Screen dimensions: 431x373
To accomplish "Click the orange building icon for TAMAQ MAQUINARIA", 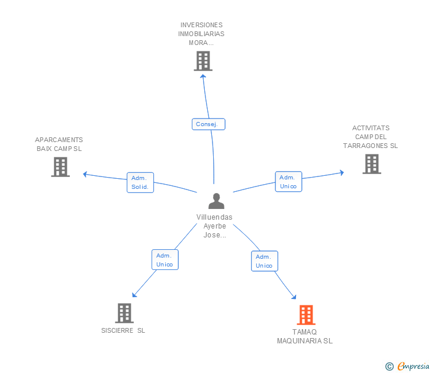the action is click(x=306, y=315).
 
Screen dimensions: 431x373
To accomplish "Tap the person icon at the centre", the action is click(x=216, y=201).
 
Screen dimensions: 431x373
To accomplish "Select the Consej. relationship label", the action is click(x=208, y=124).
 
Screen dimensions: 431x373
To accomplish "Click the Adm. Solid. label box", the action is click(x=140, y=182).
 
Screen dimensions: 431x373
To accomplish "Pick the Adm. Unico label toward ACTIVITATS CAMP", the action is click(x=289, y=181).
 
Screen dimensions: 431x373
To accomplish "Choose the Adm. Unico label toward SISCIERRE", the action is click(x=165, y=259).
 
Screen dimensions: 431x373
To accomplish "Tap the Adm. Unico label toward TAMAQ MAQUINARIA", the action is click(x=265, y=261).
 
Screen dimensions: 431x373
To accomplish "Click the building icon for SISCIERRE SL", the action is click(x=124, y=313).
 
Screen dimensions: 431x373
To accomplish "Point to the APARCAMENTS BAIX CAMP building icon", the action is click(x=60, y=167).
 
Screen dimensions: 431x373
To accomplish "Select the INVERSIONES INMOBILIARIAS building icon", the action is click(x=203, y=61).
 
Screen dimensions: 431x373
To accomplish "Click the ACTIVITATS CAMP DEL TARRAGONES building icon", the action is click(x=372, y=164).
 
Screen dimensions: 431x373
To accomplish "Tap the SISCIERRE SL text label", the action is click(x=123, y=330).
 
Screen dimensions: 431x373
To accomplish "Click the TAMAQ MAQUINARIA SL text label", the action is click(x=304, y=336).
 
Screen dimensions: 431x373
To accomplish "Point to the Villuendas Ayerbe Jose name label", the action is click(x=214, y=226).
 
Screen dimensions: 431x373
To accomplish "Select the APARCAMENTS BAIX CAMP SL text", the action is click(x=59, y=144).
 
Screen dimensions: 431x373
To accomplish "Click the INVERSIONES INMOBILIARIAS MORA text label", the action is click(x=201, y=34).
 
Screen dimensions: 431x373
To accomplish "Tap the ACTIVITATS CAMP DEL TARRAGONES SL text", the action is click(x=371, y=137).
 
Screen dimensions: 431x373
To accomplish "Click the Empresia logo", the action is click(x=407, y=366).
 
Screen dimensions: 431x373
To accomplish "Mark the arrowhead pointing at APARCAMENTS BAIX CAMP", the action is click(x=85, y=174).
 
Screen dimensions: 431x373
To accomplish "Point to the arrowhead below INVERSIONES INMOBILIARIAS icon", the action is click(x=203, y=76).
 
